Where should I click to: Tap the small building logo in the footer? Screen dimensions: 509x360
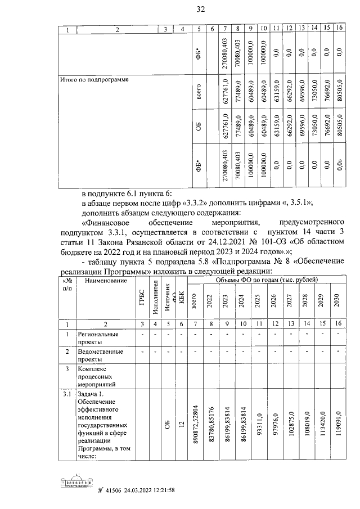[x=75, y=483]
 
